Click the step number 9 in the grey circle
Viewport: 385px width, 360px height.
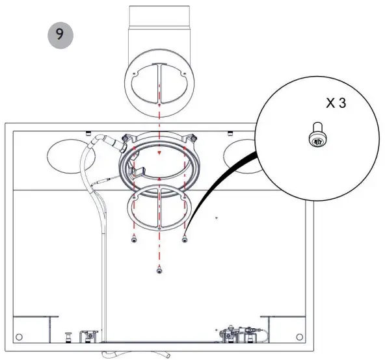point(60,35)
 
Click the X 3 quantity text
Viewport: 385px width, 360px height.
point(338,105)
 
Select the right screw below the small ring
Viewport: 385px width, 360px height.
point(185,239)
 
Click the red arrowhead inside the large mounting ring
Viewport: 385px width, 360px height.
point(159,153)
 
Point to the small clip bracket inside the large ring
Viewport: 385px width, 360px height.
point(137,172)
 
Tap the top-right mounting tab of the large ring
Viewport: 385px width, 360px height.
point(191,137)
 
